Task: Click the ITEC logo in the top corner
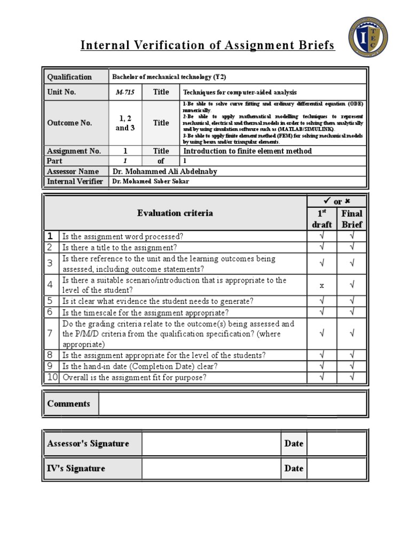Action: point(368,37)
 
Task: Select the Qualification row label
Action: point(69,77)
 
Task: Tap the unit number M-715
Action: point(125,92)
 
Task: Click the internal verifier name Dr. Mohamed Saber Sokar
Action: point(150,182)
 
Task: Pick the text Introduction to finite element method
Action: point(247,151)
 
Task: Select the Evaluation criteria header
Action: point(175,213)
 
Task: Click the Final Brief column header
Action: point(352,219)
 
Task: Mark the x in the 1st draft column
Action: point(322,286)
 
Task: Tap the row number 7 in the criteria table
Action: point(50,334)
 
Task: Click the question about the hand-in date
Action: point(140,366)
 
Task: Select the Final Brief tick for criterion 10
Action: point(352,378)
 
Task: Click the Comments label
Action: point(69,404)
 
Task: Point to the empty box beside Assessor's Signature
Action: point(211,444)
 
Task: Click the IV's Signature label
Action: point(76,468)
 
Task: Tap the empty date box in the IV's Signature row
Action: point(336,468)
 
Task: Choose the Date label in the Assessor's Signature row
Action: point(294,443)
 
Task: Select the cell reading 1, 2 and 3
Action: point(125,123)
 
